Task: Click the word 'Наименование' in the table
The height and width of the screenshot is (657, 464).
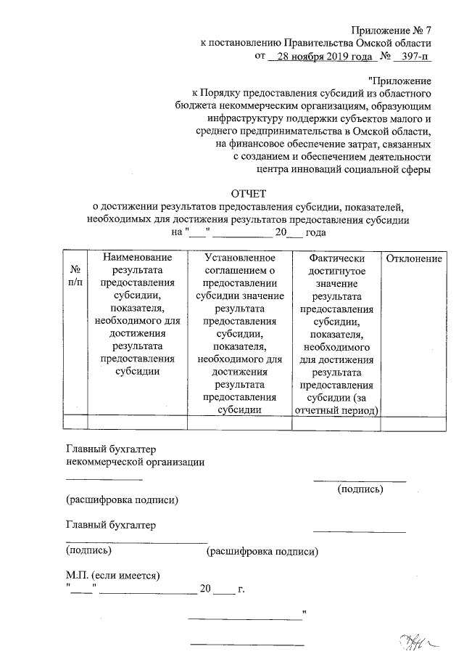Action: click(137, 258)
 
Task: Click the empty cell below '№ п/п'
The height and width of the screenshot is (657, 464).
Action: click(75, 423)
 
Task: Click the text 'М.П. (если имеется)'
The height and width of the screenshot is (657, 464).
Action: click(112, 576)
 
